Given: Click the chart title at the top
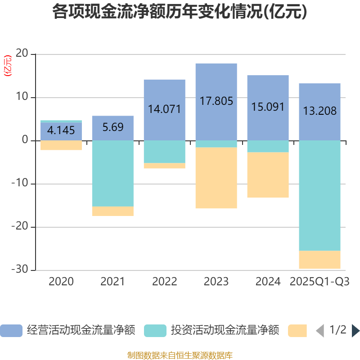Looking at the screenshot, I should (180, 12).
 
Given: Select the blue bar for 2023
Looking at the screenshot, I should (216, 85).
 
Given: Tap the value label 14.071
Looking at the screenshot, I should (164, 109).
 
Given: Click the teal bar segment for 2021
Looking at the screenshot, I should (112, 173).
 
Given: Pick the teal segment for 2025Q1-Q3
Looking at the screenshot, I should (319, 196).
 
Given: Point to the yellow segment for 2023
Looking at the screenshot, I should (216, 178).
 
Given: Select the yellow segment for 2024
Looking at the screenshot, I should (268, 175).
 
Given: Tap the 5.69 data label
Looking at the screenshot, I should (112, 127).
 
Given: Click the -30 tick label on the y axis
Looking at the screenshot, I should (20, 270).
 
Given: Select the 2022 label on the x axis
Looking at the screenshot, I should (164, 282).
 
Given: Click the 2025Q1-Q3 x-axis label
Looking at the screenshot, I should (319, 282).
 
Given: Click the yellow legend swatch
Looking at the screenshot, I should (297, 331).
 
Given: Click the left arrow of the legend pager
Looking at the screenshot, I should (320, 331).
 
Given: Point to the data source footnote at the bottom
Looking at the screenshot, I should (180, 355).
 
